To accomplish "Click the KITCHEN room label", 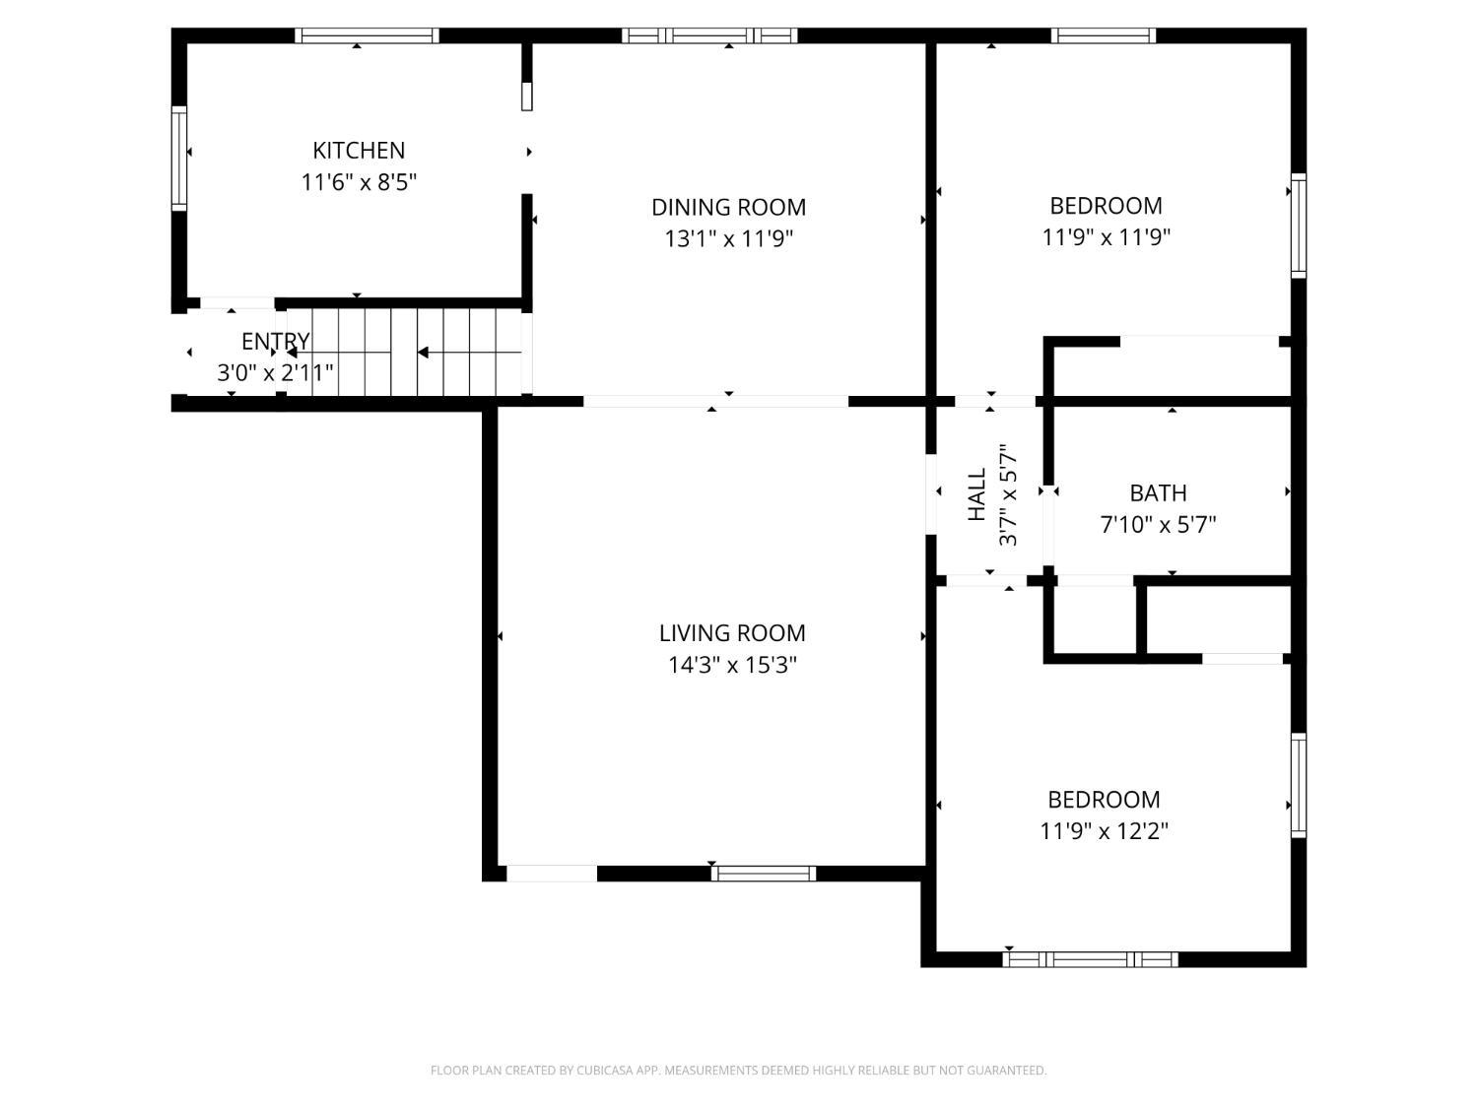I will pyautogui.click(x=359, y=151).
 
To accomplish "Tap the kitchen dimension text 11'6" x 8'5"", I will pyautogui.click(x=359, y=182).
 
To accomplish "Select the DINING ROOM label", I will pyautogui.click(x=728, y=208).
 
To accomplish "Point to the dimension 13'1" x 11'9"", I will pyautogui.click(x=728, y=239).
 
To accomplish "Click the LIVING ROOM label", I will pyautogui.click(x=732, y=633).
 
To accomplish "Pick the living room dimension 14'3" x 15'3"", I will pyautogui.click(x=732, y=665).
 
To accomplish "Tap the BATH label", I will pyautogui.click(x=1158, y=493).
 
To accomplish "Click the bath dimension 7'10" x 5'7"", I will pyautogui.click(x=1158, y=524).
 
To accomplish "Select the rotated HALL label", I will pyautogui.click(x=977, y=494).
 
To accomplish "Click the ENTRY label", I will pyautogui.click(x=275, y=342).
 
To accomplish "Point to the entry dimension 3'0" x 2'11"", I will pyautogui.click(x=275, y=373).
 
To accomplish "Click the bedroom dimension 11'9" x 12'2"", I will pyautogui.click(x=1104, y=831).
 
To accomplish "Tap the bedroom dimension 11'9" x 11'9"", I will pyautogui.click(x=1106, y=237).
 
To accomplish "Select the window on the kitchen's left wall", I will pyautogui.click(x=179, y=159).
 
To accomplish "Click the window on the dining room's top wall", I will pyautogui.click(x=709, y=35).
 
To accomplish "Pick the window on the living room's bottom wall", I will pyautogui.click(x=764, y=873).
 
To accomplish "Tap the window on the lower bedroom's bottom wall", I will pyautogui.click(x=1091, y=959).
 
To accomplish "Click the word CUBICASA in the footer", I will pyautogui.click(x=603, y=1071).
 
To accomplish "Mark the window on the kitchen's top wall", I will pyautogui.click(x=367, y=35).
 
